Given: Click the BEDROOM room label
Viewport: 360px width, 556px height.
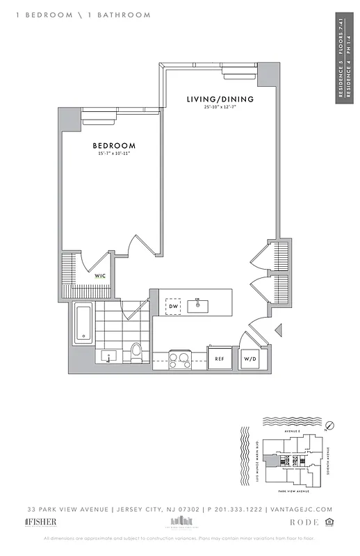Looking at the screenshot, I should pyautogui.click(x=114, y=145).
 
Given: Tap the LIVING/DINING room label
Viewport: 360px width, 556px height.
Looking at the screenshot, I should pyautogui.click(x=220, y=99).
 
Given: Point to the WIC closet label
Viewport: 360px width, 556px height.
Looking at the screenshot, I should pyautogui.click(x=101, y=276).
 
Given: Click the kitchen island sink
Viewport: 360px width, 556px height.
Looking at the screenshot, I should pyautogui.click(x=199, y=304).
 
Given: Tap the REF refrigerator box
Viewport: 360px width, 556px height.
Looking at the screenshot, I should pyautogui.click(x=219, y=359).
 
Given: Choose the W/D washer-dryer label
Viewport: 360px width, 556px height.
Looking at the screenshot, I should pyautogui.click(x=249, y=359).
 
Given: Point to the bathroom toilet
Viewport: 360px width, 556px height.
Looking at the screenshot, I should pyautogui.click(x=136, y=352).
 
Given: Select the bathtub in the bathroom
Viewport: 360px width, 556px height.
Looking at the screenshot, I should pyautogui.click(x=83, y=323).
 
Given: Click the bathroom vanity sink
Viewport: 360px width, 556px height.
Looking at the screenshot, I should pyautogui.click(x=108, y=357).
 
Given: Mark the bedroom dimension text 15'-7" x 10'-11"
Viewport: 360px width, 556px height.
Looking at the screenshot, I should pyautogui.click(x=114, y=153).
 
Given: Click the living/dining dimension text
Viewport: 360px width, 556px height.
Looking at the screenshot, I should pyautogui.click(x=220, y=107).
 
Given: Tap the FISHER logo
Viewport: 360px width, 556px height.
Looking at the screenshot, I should pyautogui.click(x=41, y=521).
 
